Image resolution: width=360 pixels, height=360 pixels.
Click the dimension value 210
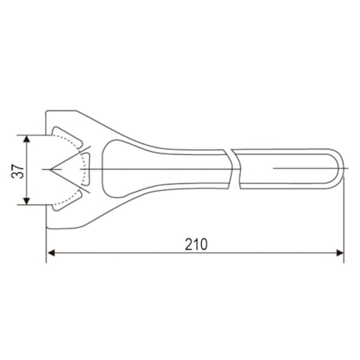(196, 243)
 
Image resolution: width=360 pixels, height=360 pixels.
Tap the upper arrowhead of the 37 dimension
(27, 139)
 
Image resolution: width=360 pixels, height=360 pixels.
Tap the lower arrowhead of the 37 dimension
(27, 202)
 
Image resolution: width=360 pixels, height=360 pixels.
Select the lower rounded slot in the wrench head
(69, 200)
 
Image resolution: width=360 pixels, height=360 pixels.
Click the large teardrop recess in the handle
(124, 169)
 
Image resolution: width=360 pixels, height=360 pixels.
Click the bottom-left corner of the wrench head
(49, 228)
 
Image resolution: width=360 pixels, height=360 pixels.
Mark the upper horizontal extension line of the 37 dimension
(35, 135)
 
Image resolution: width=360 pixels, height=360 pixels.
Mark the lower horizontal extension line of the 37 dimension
(35, 206)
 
